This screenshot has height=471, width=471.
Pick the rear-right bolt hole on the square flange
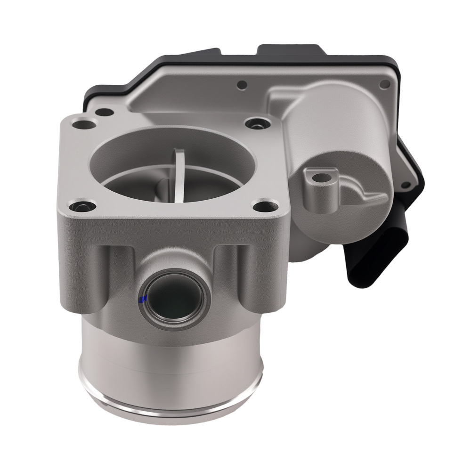(257, 123)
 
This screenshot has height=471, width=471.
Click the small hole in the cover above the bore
(242, 85)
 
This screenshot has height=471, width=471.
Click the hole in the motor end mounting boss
(322, 178)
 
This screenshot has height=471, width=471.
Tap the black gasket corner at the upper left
(94, 92)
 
